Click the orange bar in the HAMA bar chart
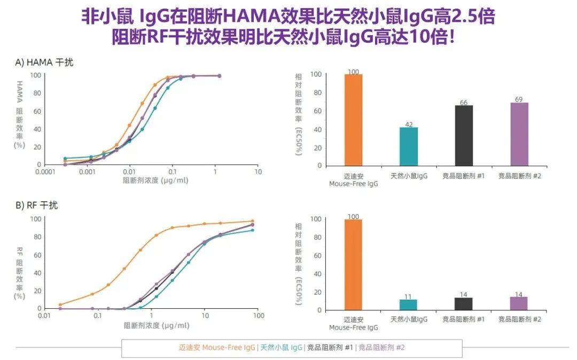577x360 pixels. (353, 120)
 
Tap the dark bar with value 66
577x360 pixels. (463, 135)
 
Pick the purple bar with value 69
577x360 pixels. (519, 134)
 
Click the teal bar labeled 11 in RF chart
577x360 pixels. (408, 304)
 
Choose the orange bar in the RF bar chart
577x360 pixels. (353, 264)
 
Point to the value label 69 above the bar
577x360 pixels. (519, 99)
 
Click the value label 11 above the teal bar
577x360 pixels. (408, 296)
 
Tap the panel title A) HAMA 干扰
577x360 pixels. (44, 62)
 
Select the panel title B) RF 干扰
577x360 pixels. (37, 206)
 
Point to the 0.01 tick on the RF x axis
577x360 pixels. (44, 316)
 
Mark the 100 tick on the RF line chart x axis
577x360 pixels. (259, 316)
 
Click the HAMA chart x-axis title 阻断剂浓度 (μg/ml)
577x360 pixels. (156, 180)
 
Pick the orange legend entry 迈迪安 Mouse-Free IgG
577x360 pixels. (216, 348)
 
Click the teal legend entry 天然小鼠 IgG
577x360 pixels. (281, 348)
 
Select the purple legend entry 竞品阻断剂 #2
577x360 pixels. (381, 348)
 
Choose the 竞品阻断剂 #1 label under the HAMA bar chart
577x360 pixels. (463, 176)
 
